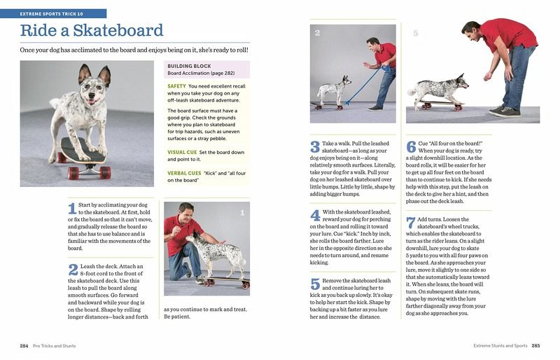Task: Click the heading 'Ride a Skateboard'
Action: (x=92, y=31)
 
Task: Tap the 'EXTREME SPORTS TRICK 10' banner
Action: (x=53, y=13)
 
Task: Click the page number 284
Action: (x=24, y=346)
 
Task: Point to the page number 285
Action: (x=535, y=346)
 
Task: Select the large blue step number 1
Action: (x=71, y=209)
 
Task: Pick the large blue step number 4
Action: (x=315, y=216)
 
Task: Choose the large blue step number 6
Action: (x=412, y=147)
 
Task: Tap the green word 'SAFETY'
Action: (x=176, y=86)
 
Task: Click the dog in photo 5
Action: (x=434, y=89)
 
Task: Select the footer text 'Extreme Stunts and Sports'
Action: (x=500, y=346)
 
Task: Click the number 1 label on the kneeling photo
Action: (x=242, y=212)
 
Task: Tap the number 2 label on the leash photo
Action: (x=317, y=33)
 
